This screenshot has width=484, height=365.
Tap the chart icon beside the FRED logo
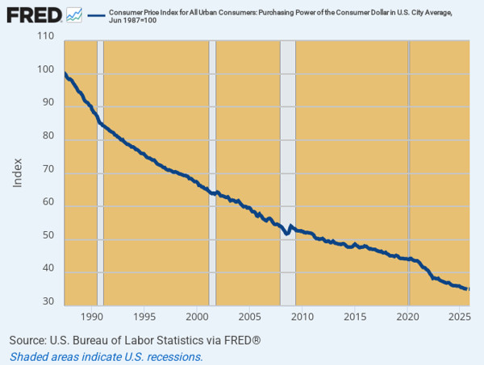(x=74, y=14)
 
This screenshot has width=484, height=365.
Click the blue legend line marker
(x=96, y=15)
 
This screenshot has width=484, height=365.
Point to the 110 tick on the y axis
(x=45, y=37)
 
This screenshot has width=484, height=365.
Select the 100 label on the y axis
(x=45, y=70)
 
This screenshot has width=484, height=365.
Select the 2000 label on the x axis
(x=197, y=316)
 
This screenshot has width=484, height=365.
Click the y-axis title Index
(x=18, y=172)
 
